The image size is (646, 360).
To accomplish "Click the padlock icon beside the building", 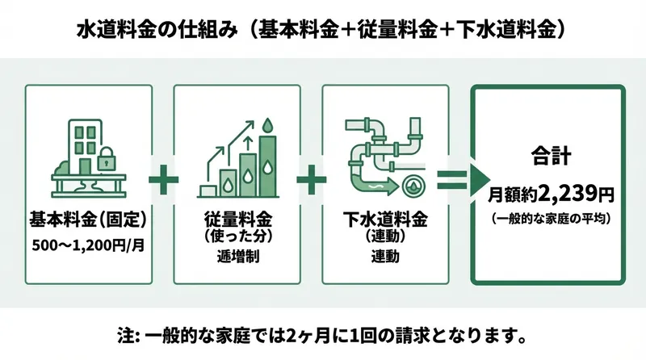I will point(106,161).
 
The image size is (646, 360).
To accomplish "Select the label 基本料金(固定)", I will point(89,220).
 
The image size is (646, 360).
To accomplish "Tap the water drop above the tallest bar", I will point(267,125).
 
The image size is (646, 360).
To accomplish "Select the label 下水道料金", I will point(385,220).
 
